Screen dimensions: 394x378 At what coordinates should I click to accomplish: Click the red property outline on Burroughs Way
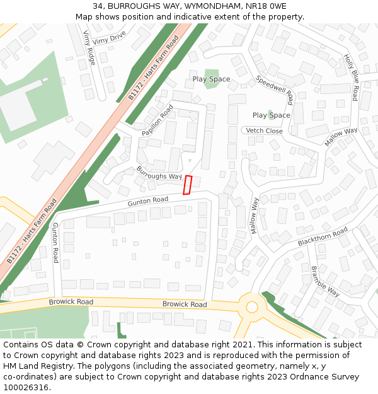coord(187,185)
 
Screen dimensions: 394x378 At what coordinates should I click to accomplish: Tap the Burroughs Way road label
coord(159,173)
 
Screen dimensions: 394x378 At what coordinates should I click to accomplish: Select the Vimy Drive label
coord(109,39)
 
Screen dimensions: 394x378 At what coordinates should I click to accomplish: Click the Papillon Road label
coord(157,120)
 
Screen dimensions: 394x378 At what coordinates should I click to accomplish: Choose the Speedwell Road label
coord(275,90)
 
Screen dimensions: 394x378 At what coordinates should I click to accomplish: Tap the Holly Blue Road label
coord(350,78)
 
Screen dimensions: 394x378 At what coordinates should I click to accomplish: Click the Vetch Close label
coord(264,130)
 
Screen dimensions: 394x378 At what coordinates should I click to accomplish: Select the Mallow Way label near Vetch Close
coord(341,137)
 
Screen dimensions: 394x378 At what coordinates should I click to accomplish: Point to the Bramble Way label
coord(325,281)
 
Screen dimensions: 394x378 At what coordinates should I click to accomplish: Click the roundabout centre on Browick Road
coord(252,307)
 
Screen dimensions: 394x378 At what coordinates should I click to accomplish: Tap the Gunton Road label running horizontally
coord(148,201)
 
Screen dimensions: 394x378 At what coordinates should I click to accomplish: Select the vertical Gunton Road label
coord(55,243)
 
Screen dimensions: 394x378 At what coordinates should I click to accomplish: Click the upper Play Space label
coord(211,79)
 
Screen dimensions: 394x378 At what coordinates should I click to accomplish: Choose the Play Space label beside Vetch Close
coord(271,115)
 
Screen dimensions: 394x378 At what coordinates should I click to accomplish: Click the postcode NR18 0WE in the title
coord(265,6)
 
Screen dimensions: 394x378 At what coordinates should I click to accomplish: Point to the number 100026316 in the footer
coord(26,387)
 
